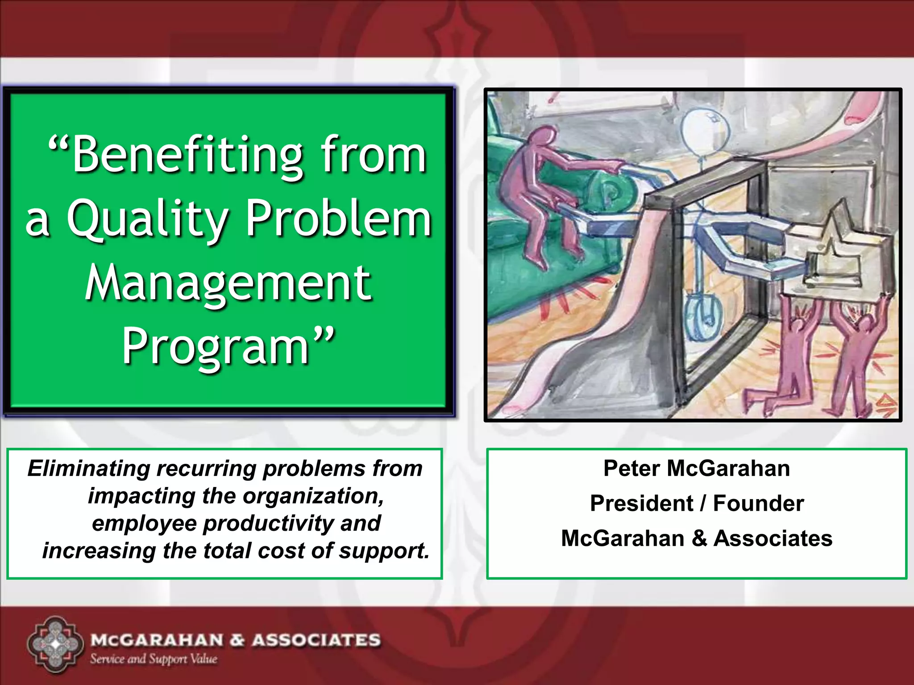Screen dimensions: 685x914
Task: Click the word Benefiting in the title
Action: (x=187, y=156)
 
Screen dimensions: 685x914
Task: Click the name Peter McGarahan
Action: (x=696, y=469)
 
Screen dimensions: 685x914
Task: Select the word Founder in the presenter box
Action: (x=758, y=503)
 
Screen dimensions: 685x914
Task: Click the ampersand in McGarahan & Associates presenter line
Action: (x=699, y=538)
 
